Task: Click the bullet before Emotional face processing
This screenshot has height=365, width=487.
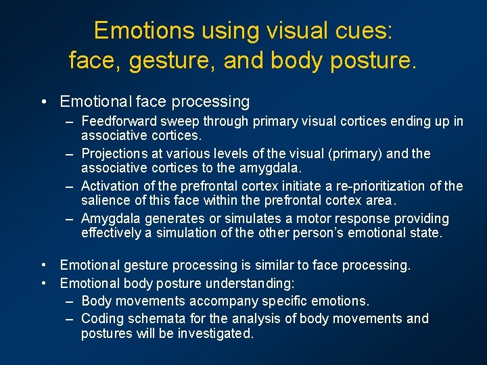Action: [43, 102]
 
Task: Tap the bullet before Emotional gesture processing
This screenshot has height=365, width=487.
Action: [43, 266]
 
